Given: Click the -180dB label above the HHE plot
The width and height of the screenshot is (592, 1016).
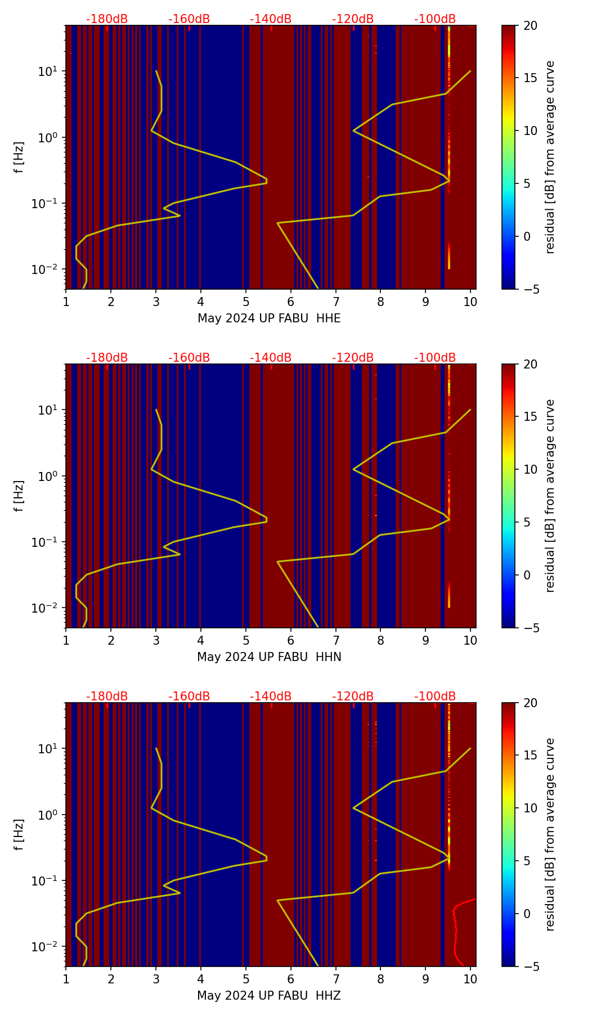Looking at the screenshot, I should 107,19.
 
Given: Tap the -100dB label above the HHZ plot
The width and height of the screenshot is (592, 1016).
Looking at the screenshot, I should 435,696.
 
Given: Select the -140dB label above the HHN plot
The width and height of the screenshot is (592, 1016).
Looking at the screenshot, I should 271,358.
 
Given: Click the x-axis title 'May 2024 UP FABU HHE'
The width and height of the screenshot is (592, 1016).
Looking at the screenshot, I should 269,318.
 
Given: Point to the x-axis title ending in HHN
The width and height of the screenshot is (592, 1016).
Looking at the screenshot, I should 269,657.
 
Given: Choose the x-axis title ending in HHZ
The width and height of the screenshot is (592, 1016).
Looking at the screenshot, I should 269,996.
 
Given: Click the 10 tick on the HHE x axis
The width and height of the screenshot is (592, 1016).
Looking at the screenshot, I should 470,302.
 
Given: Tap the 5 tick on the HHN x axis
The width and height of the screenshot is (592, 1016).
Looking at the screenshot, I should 246,641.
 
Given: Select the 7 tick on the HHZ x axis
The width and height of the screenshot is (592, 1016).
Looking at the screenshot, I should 336,979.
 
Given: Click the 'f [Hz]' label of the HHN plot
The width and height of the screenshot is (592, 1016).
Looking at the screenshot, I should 19,496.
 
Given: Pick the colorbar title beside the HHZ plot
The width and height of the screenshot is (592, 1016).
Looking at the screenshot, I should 550,834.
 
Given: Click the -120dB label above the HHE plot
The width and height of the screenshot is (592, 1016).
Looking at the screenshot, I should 353,19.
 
